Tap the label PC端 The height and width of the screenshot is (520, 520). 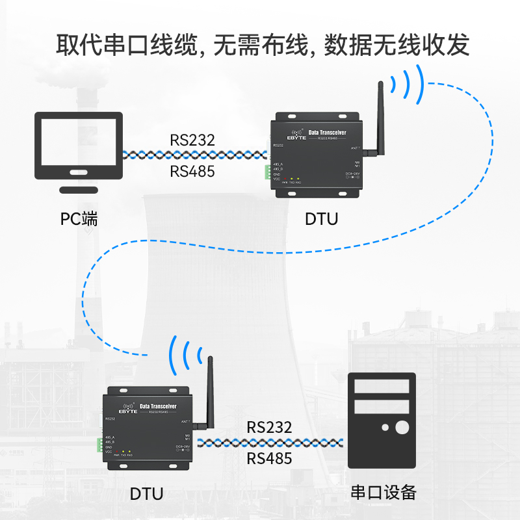pos(79,219)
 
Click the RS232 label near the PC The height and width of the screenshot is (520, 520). pos(192,140)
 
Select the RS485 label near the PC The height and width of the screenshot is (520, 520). pos(192,172)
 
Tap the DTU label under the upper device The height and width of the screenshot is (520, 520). pos(321,219)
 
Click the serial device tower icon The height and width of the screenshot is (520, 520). pos(382,421)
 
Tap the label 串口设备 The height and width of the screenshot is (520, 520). pos(383,492)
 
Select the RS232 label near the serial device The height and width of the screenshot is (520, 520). pos(270,428)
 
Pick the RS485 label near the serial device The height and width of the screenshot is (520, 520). pos(270,459)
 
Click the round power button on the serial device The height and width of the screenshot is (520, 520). pos(402,427)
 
